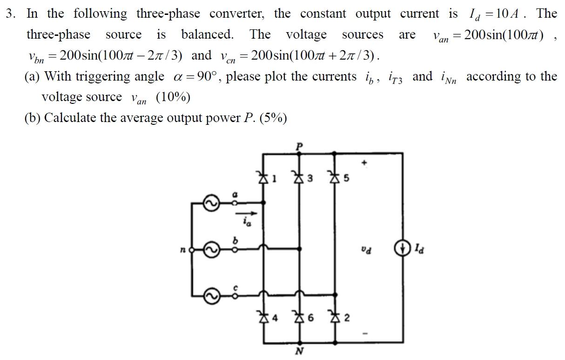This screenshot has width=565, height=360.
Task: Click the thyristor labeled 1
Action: point(264,177)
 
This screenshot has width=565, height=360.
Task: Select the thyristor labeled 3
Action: point(299,177)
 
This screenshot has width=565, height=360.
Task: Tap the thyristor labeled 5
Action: point(334,177)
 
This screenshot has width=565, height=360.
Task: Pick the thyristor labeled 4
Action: point(264,318)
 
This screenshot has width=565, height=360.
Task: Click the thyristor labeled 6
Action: point(299,318)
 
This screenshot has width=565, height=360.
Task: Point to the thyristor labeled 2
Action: point(334,318)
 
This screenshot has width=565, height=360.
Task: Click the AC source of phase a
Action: point(210,203)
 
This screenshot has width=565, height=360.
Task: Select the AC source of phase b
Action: point(210,250)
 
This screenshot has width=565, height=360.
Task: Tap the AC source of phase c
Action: point(210,295)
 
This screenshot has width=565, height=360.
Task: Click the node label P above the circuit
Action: point(299,146)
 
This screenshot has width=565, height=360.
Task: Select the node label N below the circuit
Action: point(299,351)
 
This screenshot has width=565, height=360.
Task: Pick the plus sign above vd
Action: point(365,163)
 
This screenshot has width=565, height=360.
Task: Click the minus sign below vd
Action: point(365,333)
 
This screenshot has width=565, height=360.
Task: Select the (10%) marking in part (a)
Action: point(173,97)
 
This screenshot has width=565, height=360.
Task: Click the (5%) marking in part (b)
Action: point(273,118)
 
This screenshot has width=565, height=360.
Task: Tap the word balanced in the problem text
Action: point(207,34)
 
